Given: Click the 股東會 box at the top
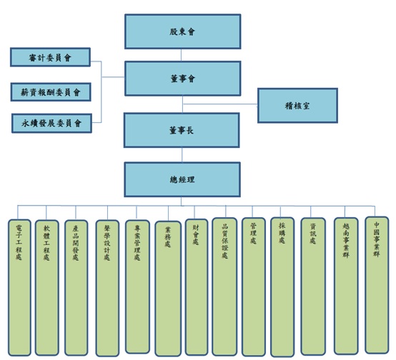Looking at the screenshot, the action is click(x=182, y=31).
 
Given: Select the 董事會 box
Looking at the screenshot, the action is click(x=182, y=79).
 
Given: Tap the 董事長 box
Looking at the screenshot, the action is click(x=182, y=130).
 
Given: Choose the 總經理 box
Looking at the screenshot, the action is click(x=182, y=179).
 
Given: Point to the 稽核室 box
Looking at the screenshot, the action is click(x=297, y=106).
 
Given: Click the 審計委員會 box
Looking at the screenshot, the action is click(x=50, y=57).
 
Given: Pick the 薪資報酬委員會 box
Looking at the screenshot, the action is click(x=51, y=92).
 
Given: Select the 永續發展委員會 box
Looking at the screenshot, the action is click(x=51, y=123).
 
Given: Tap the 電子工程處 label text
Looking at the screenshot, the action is click(x=19, y=242).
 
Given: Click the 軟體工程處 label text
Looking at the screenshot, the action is click(x=46, y=243).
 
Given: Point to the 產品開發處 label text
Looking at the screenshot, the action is click(x=76, y=243).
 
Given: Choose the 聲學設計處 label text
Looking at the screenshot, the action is click(x=107, y=243).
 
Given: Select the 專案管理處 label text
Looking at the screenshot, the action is click(x=137, y=243).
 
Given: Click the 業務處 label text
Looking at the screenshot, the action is click(x=168, y=237).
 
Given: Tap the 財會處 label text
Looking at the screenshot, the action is click(x=196, y=235).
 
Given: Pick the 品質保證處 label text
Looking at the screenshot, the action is click(x=224, y=241).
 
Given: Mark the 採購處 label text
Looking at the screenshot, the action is click(x=282, y=233).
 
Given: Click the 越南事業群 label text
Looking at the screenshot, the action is click(x=346, y=240).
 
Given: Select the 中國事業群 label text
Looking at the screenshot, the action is click(x=377, y=239).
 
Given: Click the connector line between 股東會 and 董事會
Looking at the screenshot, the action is click(x=181, y=55).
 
